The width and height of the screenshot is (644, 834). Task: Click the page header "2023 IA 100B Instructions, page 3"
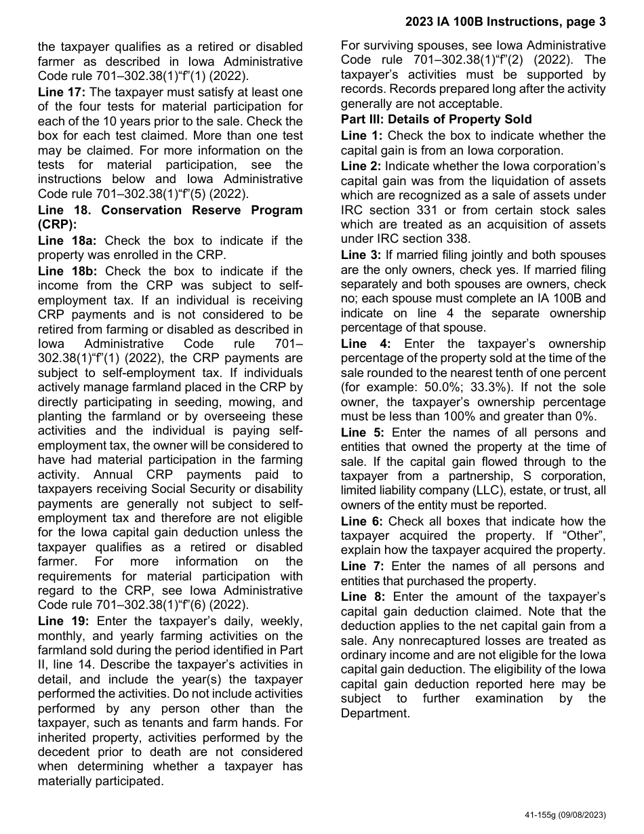[x=505, y=22]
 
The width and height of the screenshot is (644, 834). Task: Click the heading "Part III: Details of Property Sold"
[x=436, y=119]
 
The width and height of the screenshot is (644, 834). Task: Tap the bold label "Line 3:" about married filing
[x=361, y=255]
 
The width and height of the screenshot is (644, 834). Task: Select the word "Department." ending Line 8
[x=375, y=713]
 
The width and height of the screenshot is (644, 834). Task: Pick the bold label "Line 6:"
[x=361, y=521]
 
